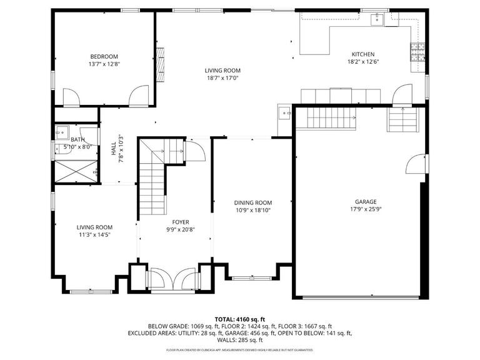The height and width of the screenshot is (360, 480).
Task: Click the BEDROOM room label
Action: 104,57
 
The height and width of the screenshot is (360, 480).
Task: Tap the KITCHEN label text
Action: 363,54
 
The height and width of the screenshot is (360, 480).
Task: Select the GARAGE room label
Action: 366,202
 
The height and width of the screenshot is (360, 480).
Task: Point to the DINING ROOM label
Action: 253,202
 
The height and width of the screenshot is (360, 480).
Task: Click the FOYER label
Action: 181,222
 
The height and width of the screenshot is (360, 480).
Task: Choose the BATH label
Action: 77,140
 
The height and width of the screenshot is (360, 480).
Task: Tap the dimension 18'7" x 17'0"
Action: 223,78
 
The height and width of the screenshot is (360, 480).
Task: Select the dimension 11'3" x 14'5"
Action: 94,235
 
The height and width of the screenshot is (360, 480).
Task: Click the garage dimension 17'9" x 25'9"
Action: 366,209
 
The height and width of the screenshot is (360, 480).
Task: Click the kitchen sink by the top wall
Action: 377,19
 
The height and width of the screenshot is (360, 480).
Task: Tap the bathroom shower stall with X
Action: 76,171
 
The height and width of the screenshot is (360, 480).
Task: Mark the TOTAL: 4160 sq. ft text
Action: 240,319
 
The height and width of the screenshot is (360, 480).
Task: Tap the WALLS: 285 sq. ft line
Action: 240,340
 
